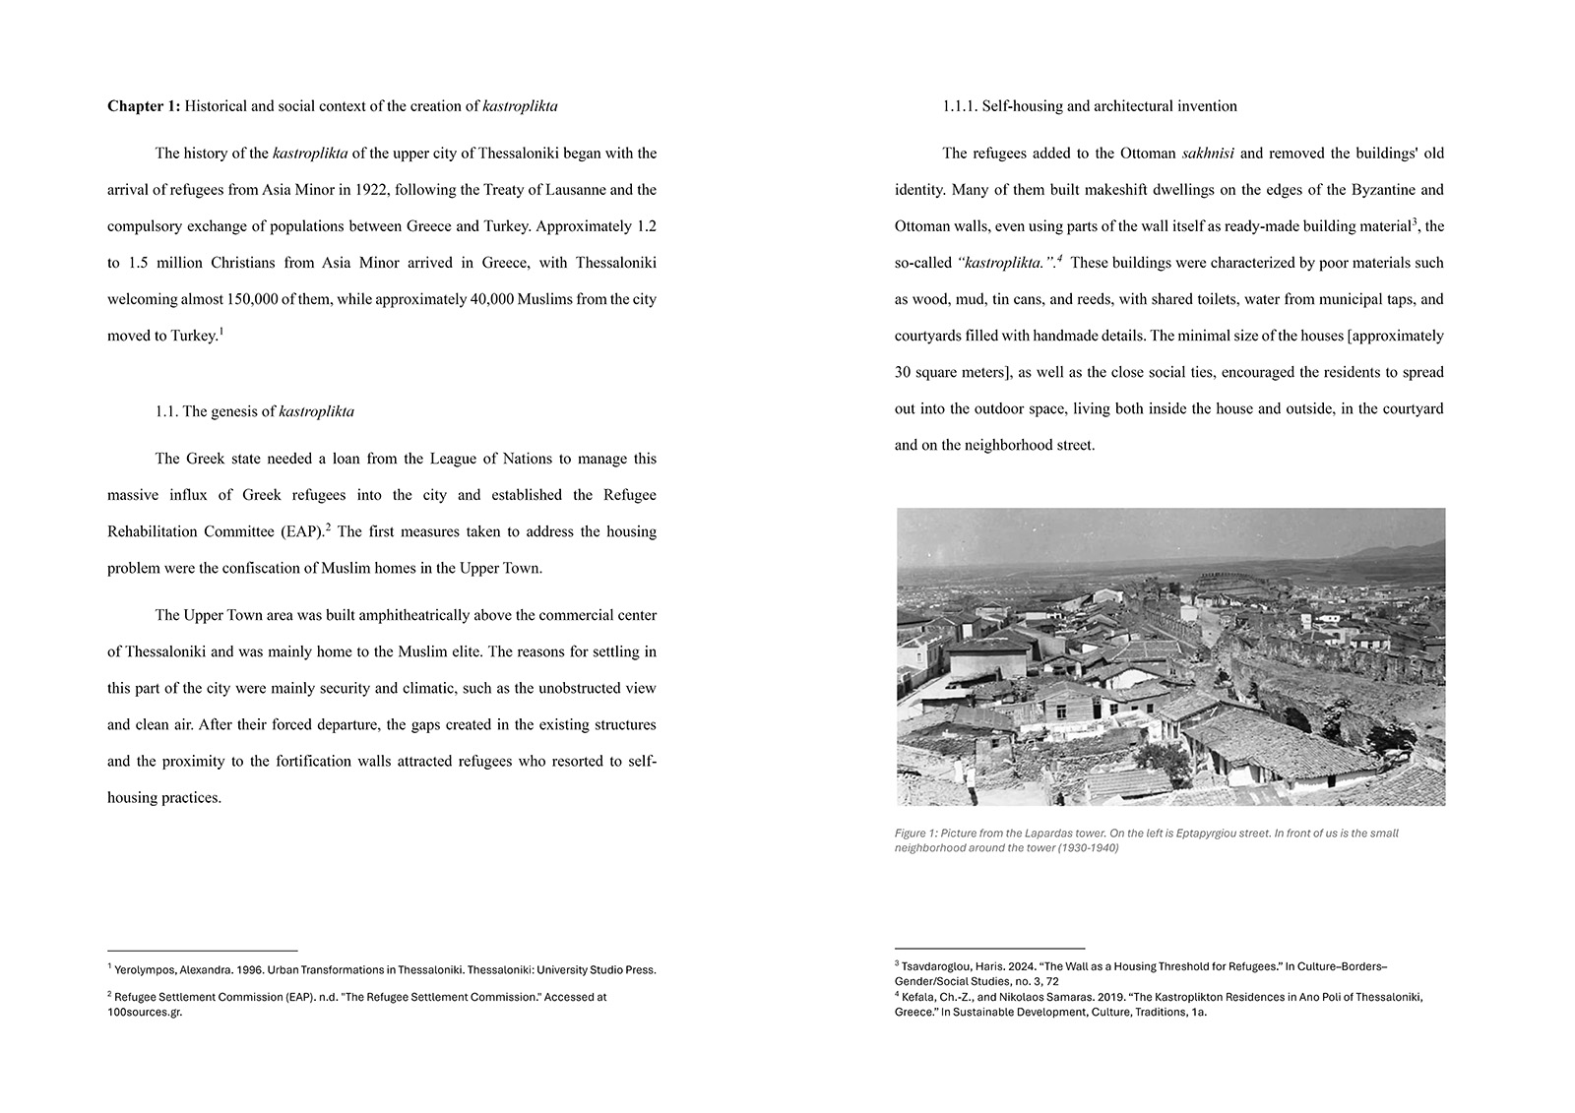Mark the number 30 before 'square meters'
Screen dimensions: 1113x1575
[x=904, y=372]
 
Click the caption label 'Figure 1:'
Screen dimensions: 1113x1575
[x=915, y=833]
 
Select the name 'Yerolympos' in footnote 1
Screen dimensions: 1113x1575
[x=146, y=969]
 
